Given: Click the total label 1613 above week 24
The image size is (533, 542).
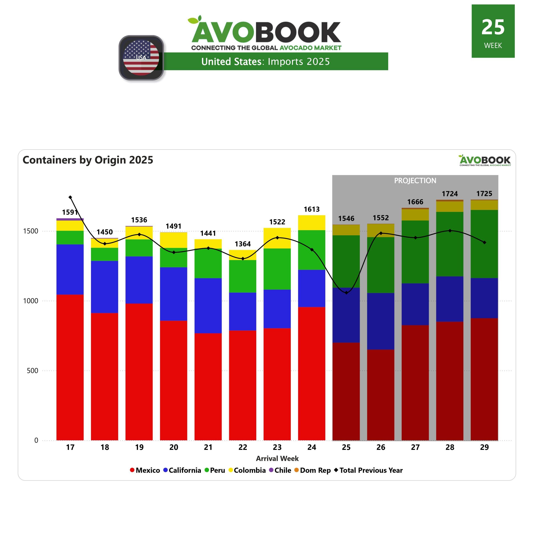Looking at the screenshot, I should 312,209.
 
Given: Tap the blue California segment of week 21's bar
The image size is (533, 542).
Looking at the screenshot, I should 208,306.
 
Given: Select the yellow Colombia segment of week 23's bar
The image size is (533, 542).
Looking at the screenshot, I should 277,238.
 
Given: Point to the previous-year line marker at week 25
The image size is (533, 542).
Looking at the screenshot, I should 346,293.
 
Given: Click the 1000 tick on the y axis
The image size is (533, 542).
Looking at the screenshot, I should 30,301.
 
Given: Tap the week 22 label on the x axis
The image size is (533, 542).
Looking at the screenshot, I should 243,447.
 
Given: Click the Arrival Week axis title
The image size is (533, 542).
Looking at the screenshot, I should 277,459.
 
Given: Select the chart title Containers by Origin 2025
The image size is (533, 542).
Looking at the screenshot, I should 88,160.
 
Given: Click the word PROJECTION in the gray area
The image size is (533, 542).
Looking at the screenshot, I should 415,181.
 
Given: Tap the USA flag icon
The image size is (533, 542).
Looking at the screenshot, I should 141,58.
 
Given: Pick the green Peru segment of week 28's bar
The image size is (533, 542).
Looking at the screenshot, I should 450,244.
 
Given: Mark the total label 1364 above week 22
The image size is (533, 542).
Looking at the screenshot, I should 243,244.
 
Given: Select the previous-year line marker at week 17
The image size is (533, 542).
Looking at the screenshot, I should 70,197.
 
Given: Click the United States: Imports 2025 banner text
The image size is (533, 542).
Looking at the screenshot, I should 265,62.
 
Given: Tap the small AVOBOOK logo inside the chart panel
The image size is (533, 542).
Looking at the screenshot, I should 485,160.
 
